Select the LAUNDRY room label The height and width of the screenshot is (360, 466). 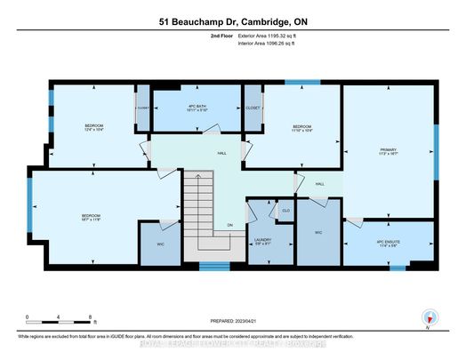click(263, 240)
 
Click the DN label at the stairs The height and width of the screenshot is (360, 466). click(229, 225)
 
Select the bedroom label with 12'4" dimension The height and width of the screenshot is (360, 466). click(93, 127)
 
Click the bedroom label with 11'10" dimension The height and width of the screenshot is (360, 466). click(302, 129)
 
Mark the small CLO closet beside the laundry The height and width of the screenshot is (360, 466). click(285, 210)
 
